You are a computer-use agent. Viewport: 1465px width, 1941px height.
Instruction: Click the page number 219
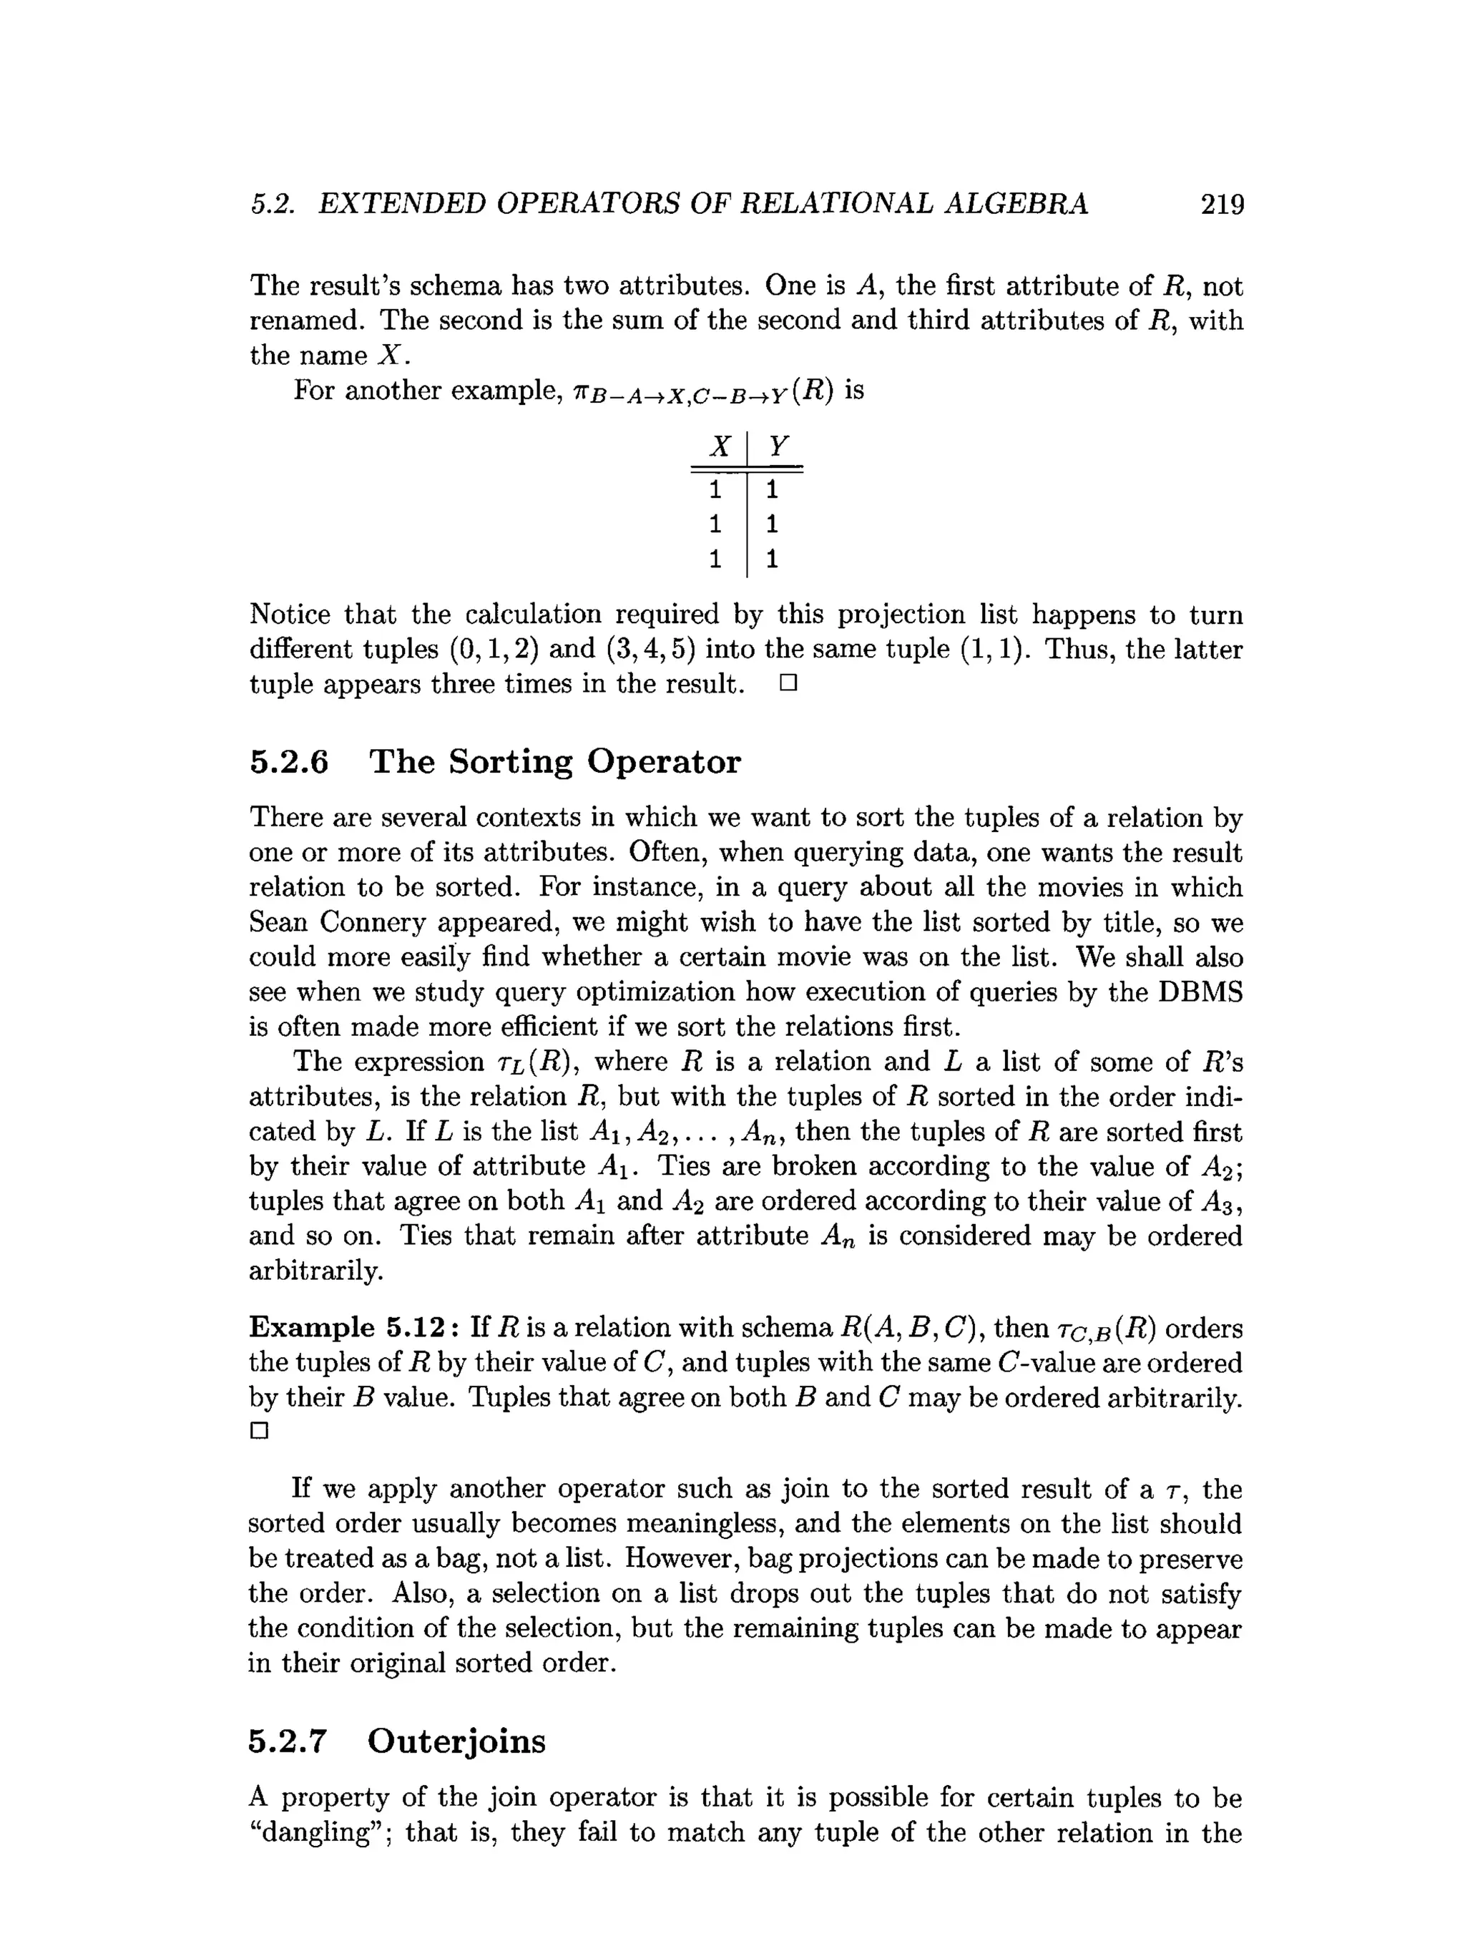coord(1221,205)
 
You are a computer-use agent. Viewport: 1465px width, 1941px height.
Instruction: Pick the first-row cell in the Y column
coord(772,489)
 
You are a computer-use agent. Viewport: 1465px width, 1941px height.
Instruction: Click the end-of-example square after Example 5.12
coord(258,1431)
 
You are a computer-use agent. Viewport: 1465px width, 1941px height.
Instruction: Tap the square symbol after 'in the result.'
coord(787,683)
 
